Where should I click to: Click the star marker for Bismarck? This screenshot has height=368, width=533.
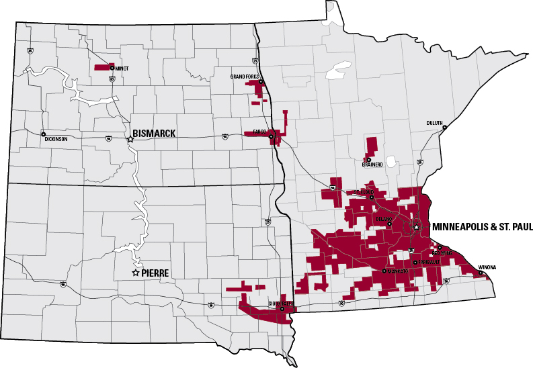coord(130,139)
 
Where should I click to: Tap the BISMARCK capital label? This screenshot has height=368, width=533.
coord(154,134)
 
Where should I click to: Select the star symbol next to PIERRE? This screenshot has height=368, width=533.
coord(135,273)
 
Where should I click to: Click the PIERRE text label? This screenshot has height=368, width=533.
coord(155,273)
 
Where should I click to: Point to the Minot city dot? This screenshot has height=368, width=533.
coord(112,67)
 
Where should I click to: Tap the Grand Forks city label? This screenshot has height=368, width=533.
coord(245,77)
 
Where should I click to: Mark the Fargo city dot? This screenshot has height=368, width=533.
coord(271,137)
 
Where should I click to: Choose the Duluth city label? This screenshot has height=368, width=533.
coord(435,122)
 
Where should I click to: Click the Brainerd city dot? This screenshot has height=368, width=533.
coord(368,159)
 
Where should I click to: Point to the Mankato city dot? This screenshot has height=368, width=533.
coord(384,271)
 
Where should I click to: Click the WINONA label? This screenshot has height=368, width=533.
coord(487,267)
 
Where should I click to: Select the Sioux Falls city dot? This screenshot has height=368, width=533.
coord(282,308)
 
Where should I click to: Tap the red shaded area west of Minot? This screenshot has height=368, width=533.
coord(102,67)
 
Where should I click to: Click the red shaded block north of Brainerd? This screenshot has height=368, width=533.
coord(371,144)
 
